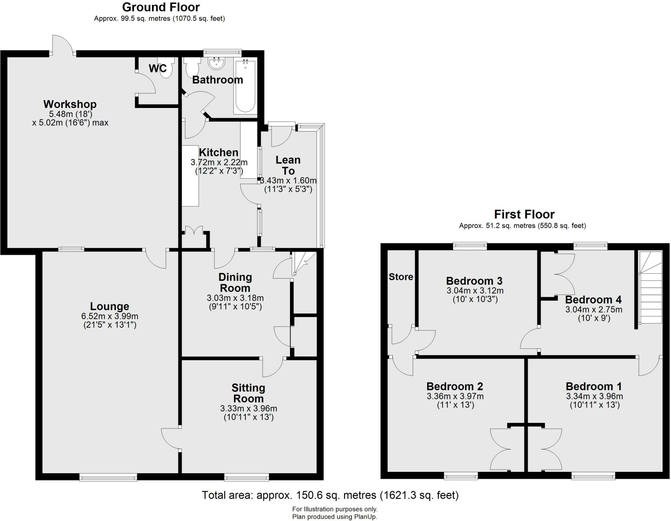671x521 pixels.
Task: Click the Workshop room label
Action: (x=70, y=104)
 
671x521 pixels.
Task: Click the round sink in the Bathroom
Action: (x=217, y=63)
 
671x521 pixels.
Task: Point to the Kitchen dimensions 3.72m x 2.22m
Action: (x=219, y=162)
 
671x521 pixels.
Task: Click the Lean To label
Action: (x=288, y=165)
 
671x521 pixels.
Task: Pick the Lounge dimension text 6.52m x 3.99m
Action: (x=109, y=316)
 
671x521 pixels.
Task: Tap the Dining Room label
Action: (x=235, y=282)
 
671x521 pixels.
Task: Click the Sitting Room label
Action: (x=248, y=393)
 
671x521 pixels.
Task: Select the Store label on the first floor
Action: (x=401, y=277)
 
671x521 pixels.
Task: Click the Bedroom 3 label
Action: (x=474, y=281)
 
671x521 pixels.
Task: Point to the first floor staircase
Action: (x=651, y=288)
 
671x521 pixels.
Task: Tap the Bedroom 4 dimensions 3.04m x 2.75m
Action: (x=594, y=309)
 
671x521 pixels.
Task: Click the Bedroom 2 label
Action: (x=455, y=386)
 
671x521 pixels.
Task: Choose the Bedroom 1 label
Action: (x=594, y=386)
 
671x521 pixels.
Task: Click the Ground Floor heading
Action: (x=161, y=7)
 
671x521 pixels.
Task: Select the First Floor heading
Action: (x=524, y=214)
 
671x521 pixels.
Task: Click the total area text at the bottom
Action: (x=330, y=495)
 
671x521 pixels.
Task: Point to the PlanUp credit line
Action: (x=335, y=517)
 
